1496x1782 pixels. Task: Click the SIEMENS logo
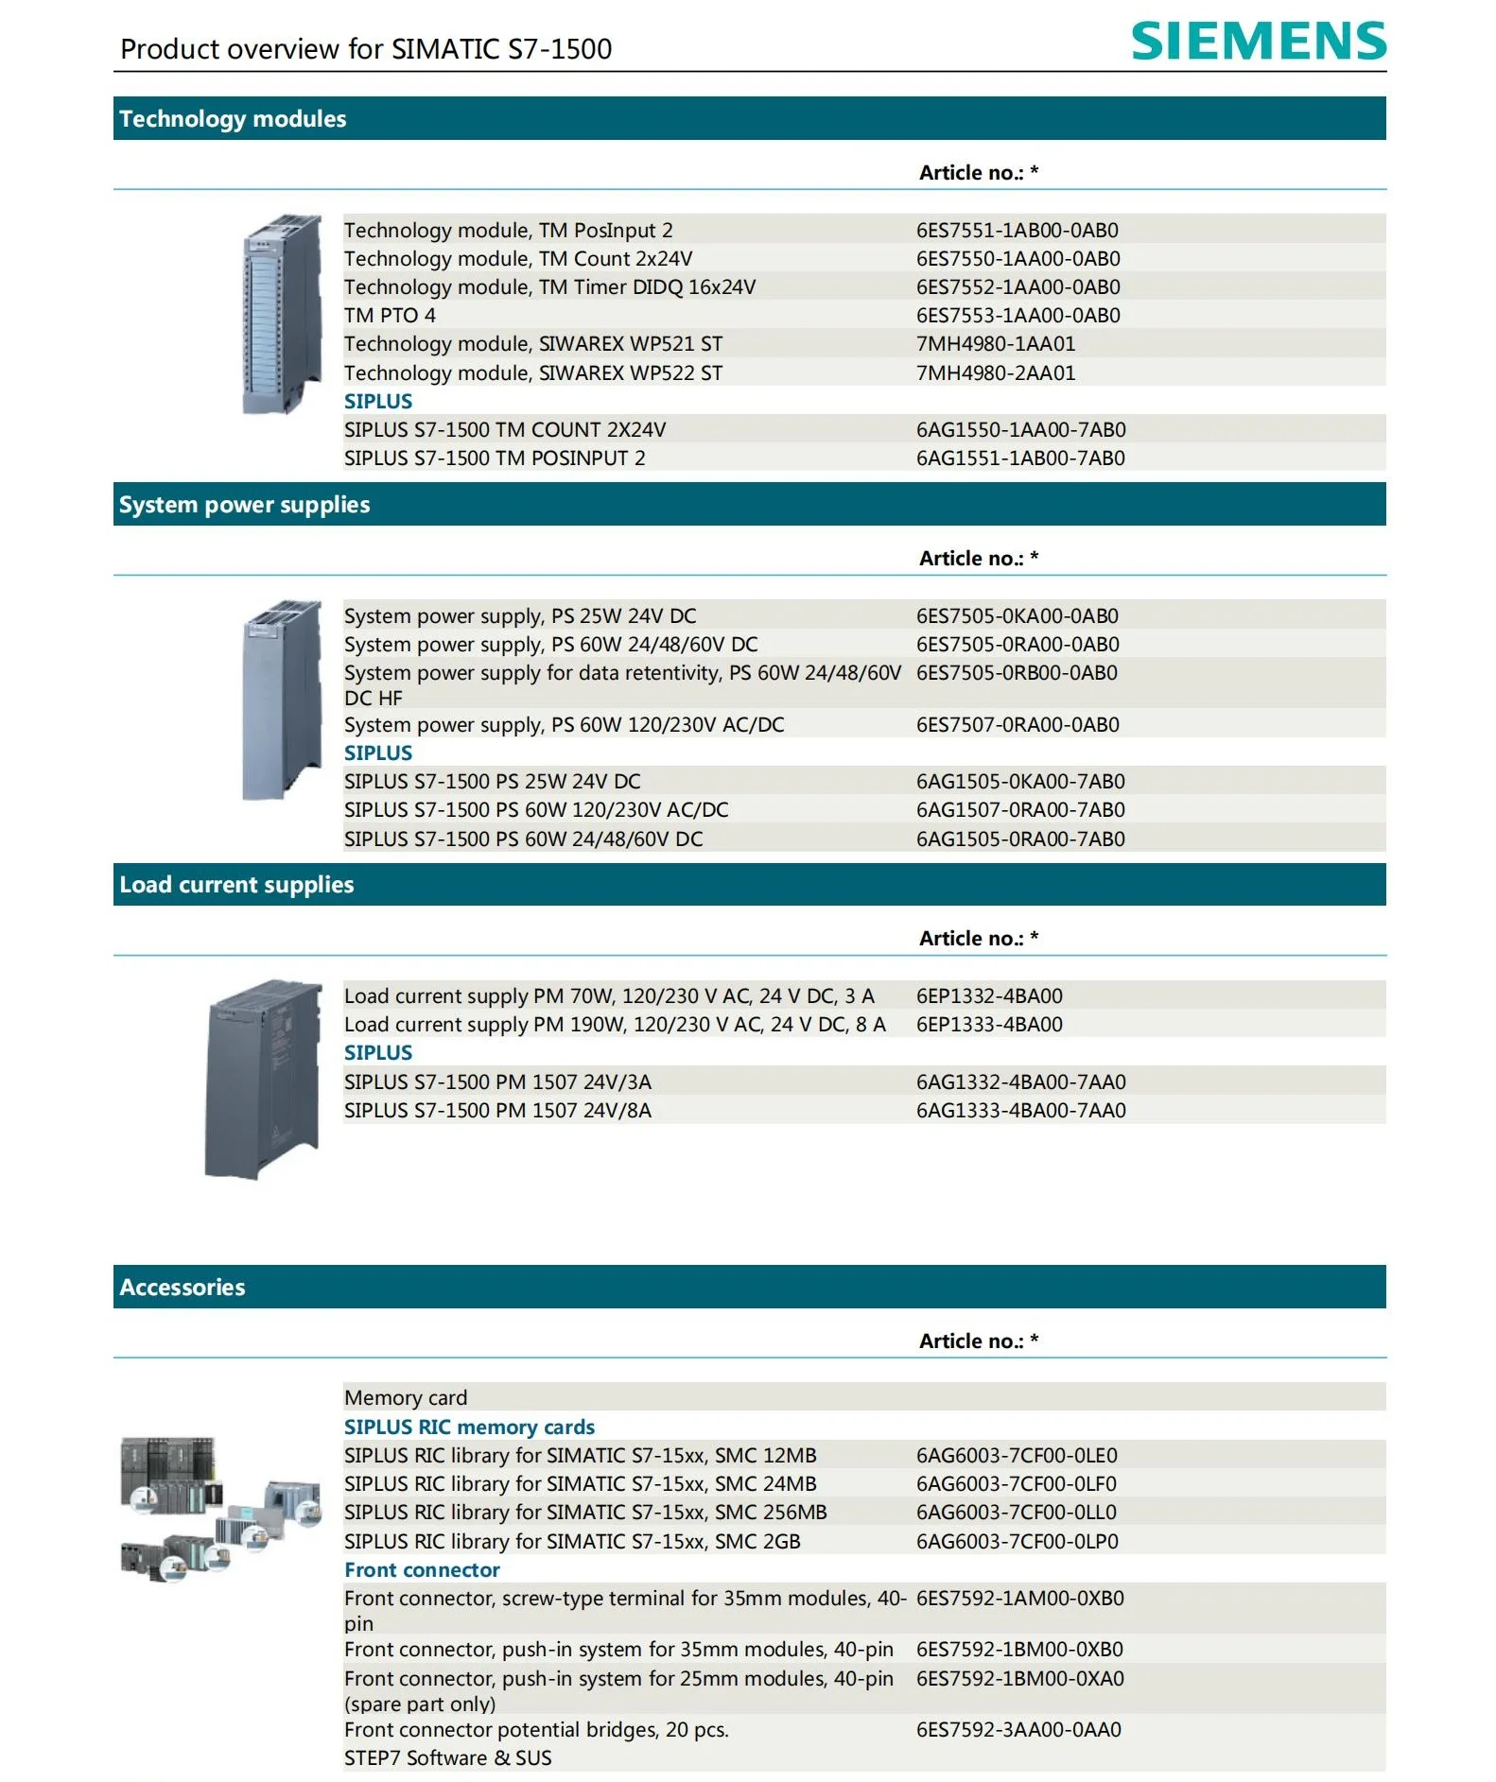click(1259, 41)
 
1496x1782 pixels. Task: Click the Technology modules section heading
click(233, 119)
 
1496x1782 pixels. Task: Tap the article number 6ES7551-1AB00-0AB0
click(1017, 230)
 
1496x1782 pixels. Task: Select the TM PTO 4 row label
click(390, 315)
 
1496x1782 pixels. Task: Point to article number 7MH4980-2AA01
click(996, 372)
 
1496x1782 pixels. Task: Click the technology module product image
click(282, 314)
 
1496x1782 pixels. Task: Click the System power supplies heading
click(244, 505)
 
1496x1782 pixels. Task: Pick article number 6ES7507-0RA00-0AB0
click(1018, 724)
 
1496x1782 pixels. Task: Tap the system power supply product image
click(282, 700)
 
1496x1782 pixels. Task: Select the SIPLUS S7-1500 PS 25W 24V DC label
click(492, 781)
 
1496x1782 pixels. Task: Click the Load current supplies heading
click(236, 885)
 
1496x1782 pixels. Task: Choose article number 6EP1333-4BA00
click(989, 1024)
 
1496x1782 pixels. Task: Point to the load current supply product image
click(264, 1080)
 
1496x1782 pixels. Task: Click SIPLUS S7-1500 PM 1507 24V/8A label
click(497, 1110)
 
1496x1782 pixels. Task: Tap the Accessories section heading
click(182, 1288)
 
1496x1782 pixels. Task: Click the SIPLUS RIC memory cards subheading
click(469, 1427)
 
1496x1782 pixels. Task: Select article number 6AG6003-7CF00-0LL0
click(1017, 1512)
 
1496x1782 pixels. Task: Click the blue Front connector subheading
click(422, 1569)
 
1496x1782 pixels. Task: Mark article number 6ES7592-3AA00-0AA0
click(1018, 1729)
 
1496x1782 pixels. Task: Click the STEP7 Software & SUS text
click(447, 1757)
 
